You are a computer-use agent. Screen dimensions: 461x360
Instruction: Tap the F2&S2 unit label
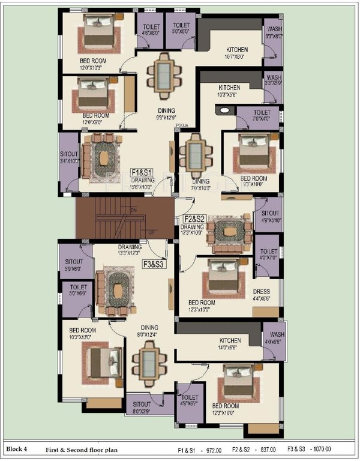click(194, 219)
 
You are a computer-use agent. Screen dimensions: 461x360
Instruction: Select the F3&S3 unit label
click(155, 264)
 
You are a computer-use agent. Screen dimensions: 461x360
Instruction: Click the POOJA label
click(183, 125)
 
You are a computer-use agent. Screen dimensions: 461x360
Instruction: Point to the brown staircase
click(124, 217)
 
